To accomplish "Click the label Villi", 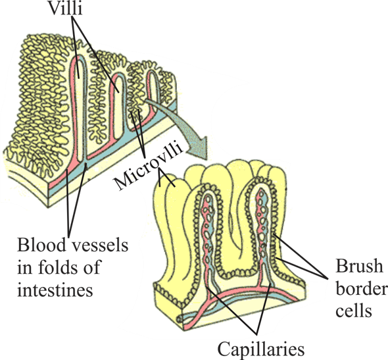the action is coord(65,8).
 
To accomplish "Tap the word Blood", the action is coord(41,245).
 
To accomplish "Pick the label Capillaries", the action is coord(261,349).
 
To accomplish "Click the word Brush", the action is coord(359,266).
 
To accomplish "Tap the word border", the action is coord(362,288).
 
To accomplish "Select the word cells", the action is coord(354,310).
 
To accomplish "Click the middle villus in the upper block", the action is coord(118,107).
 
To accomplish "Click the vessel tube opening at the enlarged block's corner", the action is coord(179,318).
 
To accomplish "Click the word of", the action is coord(93,267).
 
